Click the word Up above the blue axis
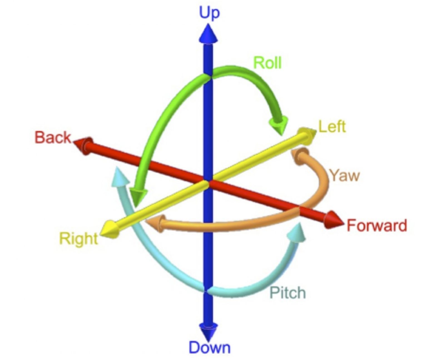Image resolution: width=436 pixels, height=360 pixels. coord(209,13)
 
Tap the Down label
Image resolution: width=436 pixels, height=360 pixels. coord(210,347)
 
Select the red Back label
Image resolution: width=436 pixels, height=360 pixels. coord(53,138)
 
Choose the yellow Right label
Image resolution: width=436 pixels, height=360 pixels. coord(79,239)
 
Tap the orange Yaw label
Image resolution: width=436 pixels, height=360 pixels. coord(345,176)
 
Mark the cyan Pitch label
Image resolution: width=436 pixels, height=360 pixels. coord(288,292)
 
